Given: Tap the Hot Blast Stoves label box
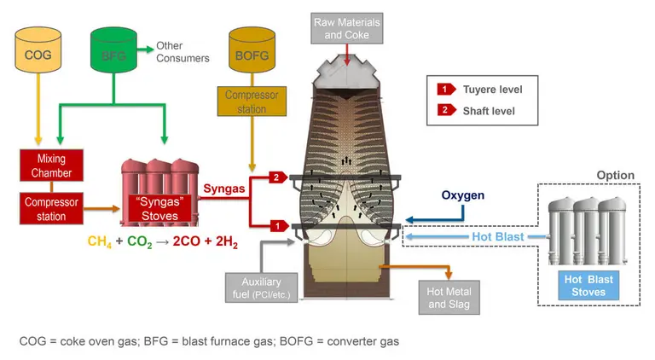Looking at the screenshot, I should point(588,285).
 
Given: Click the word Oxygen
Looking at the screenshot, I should point(463,195).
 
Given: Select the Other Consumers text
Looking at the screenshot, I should point(183,52).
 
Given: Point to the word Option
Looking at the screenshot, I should point(614,176).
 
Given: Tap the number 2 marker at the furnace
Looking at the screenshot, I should point(276,177).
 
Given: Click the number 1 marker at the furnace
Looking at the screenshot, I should point(276,225).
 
